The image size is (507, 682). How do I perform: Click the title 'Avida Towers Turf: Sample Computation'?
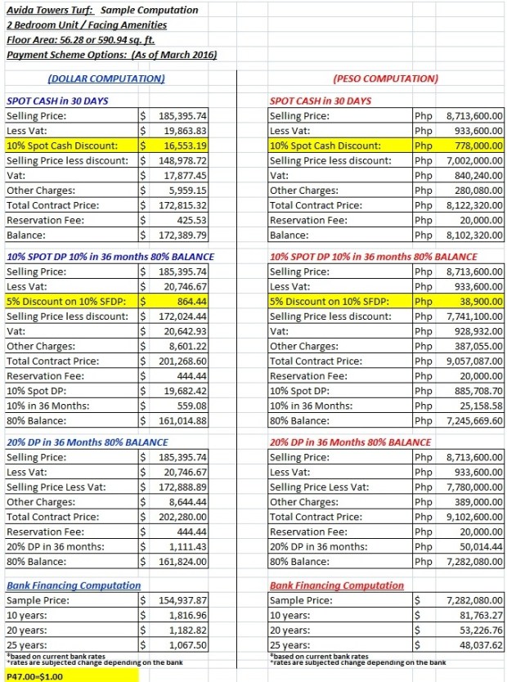click(x=101, y=11)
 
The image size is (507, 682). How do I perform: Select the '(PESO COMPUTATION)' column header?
click(x=386, y=79)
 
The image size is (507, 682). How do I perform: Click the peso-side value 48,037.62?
click(x=479, y=644)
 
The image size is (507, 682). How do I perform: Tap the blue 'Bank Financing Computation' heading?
click(x=74, y=586)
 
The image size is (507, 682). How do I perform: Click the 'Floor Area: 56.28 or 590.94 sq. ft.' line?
click(x=80, y=39)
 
